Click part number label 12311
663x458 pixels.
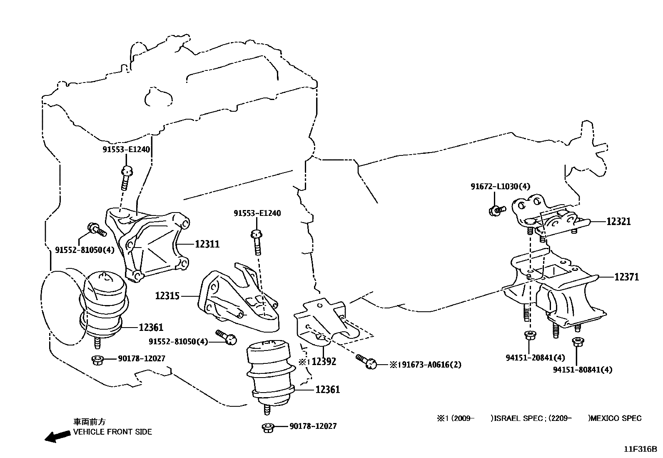click(207, 244)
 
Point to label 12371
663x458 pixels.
click(626, 277)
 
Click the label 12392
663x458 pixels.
click(324, 361)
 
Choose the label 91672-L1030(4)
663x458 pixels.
click(500, 187)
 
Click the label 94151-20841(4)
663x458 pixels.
click(535, 358)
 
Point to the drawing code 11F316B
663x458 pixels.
click(640, 449)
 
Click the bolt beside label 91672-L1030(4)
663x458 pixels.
click(496, 210)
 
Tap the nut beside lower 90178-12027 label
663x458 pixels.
click(268, 427)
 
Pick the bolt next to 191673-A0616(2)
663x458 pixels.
click(366, 361)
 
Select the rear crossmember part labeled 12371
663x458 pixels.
click(554, 288)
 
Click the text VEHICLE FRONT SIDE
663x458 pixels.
click(112, 432)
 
